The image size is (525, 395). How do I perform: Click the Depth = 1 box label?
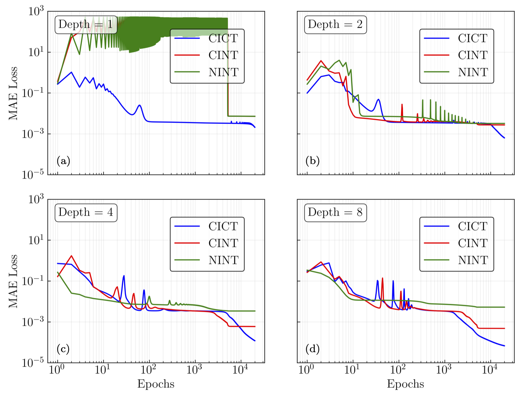click(x=86, y=24)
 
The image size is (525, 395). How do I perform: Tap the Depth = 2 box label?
click(x=335, y=24)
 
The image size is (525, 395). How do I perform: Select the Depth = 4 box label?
click(x=86, y=212)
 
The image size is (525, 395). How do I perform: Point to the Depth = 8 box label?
click(x=335, y=212)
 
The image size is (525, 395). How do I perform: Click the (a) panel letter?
click(x=63, y=161)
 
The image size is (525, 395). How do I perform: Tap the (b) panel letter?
click(x=313, y=161)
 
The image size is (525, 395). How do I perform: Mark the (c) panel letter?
click(x=63, y=349)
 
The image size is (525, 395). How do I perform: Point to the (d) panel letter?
click(x=313, y=349)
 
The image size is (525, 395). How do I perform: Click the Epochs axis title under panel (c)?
click(x=156, y=384)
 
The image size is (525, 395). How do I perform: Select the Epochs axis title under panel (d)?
click(x=405, y=384)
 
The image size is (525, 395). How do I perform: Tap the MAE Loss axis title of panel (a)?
click(x=13, y=93)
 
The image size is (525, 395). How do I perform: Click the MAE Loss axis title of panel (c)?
click(x=13, y=281)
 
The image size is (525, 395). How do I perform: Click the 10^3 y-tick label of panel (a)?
click(x=36, y=12)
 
